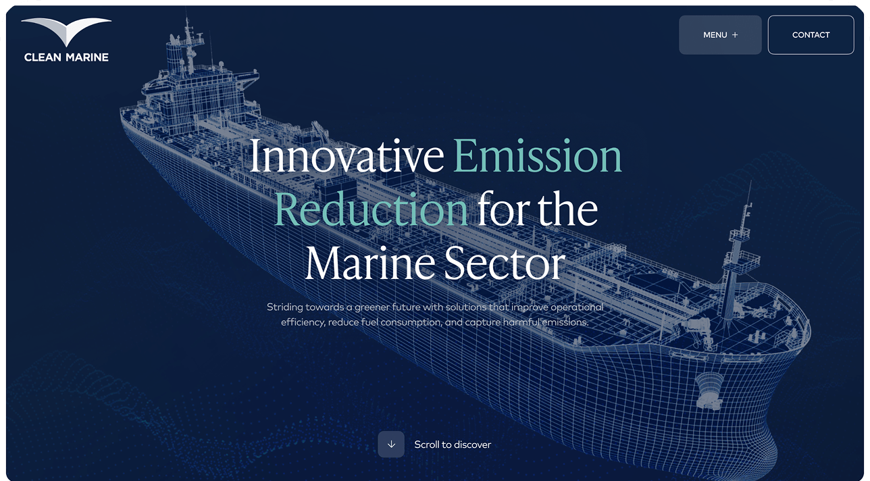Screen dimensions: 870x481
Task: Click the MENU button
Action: [720, 35]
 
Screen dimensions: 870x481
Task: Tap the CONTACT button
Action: [811, 35]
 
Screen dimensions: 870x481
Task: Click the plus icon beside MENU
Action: [735, 35]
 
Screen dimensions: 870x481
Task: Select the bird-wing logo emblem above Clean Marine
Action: [66, 32]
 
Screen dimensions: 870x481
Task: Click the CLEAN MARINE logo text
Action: [66, 57]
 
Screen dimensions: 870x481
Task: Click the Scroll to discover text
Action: [453, 445]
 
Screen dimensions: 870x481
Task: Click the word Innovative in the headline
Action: [347, 156]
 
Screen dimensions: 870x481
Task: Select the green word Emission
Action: [538, 156]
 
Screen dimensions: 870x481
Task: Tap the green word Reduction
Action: [371, 209]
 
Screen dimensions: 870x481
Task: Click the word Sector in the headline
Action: [505, 263]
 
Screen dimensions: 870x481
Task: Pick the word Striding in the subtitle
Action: [284, 307]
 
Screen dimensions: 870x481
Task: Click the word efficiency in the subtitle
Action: [303, 322]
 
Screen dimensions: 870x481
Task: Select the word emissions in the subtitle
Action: [565, 322]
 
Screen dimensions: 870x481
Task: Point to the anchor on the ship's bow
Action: [709, 391]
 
